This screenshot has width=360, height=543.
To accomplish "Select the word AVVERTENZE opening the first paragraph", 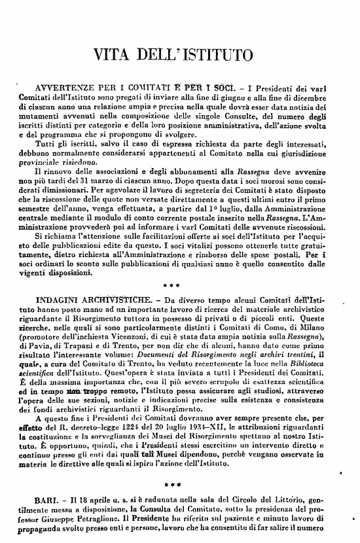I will point(68,88).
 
